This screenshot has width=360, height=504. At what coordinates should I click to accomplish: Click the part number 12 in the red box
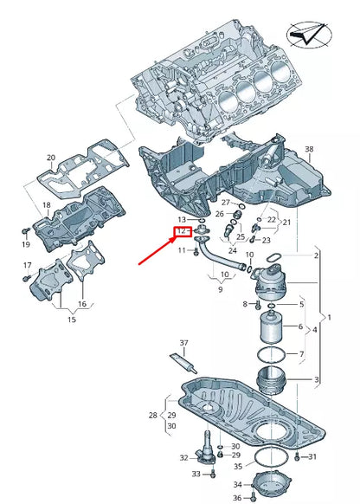click(182, 233)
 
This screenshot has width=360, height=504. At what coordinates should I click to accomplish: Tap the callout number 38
click(310, 149)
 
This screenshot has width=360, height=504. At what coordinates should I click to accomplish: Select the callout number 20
click(50, 158)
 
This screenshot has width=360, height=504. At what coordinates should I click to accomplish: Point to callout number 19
click(25, 245)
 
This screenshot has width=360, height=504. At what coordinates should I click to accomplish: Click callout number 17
click(26, 265)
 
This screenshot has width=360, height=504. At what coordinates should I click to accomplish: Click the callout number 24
click(232, 250)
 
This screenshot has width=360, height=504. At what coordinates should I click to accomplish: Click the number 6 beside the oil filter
click(300, 326)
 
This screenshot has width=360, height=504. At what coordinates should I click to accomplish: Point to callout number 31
click(312, 456)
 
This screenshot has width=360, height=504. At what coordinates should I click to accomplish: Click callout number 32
click(183, 457)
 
